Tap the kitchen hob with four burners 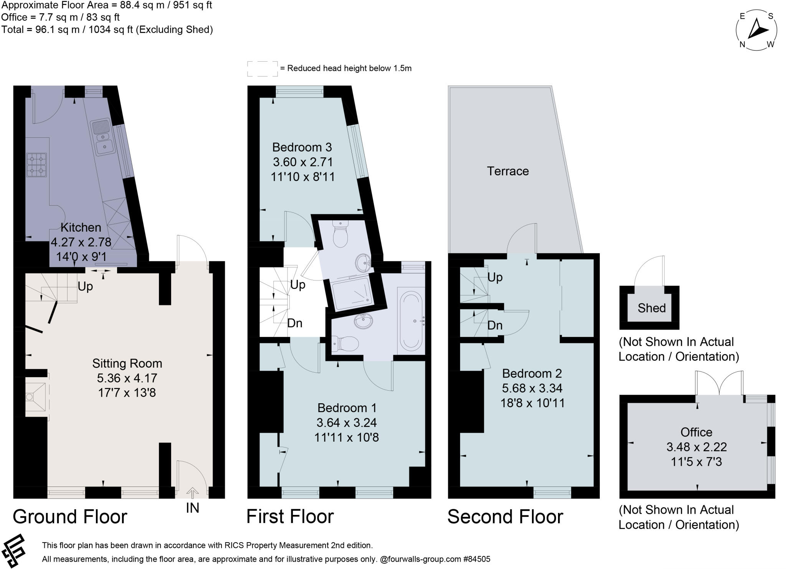click(37, 165)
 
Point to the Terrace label click(507, 171)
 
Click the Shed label click(651, 308)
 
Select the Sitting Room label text click(127, 363)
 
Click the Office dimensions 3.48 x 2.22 click(696, 447)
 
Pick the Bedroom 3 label click(302, 147)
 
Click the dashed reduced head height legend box click(262, 68)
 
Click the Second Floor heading click(505, 516)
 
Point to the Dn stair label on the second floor click(495, 325)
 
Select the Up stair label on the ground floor click(85, 286)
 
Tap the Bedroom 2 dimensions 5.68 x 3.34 click(532, 388)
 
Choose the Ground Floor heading click(70, 516)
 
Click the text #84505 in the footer click(477, 559)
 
